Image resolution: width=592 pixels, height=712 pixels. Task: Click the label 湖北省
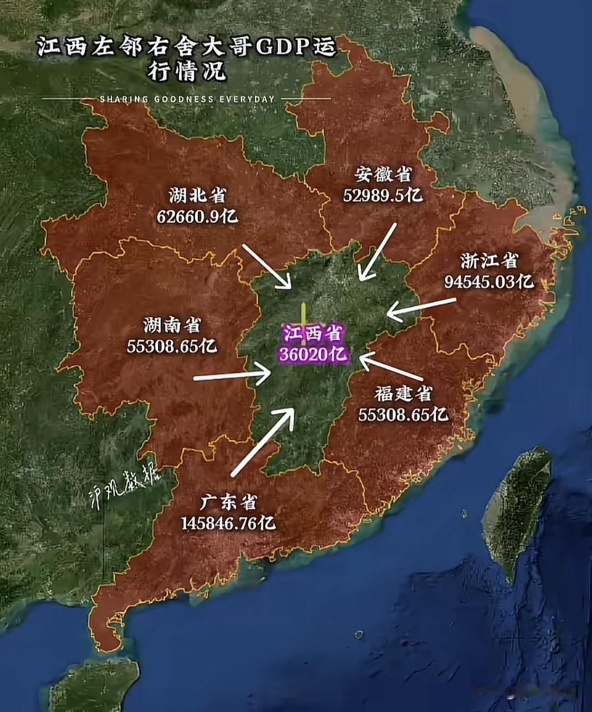pyautogui.click(x=197, y=195)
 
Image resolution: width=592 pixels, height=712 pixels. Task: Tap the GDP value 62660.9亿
pyautogui.click(x=197, y=215)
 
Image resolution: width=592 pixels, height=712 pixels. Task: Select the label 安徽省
pyautogui.click(x=384, y=174)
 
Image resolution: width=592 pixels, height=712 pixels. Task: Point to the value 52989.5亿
pyautogui.click(x=383, y=195)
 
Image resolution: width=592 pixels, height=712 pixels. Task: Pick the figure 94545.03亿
pyautogui.click(x=489, y=281)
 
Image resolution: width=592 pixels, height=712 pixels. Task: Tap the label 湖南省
pyautogui.click(x=172, y=325)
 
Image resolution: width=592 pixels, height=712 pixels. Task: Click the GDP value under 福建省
pyautogui.click(x=403, y=414)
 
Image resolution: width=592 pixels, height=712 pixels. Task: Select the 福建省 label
pyautogui.click(x=403, y=393)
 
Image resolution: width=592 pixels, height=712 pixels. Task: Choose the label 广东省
pyautogui.click(x=228, y=502)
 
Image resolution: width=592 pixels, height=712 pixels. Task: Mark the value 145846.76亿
pyautogui.click(x=228, y=523)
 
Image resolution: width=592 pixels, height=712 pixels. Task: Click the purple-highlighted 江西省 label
pyautogui.click(x=314, y=334)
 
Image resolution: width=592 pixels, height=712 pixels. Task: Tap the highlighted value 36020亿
pyautogui.click(x=314, y=354)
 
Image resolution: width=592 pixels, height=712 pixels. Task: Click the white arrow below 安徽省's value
pyautogui.click(x=378, y=251)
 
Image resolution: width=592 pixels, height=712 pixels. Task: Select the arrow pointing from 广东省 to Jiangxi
pyautogui.click(x=262, y=441)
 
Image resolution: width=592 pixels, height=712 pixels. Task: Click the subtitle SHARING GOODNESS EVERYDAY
pyautogui.click(x=187, y=99)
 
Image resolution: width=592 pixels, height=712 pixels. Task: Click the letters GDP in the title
pyautogui.click(x=281, y=48)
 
